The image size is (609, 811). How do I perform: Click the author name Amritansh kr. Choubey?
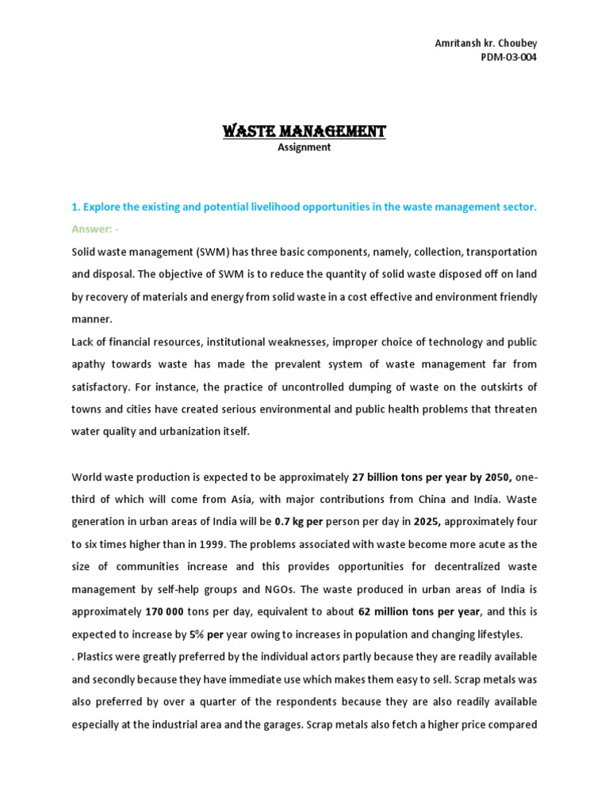pyautogui.click(x=485, y=42)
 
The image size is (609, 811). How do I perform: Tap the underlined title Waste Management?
pyautogui.click(x=304, y=131)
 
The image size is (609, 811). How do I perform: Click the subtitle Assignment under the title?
pyautogui.click(x=304, y=147)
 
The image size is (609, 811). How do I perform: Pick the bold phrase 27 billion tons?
pyautogui.click(x=388, y=477)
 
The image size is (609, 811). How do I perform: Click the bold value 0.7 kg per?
pyautogui.click(x=301, y=522)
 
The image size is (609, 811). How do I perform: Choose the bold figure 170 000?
pyautogui.click(x=165, y=612)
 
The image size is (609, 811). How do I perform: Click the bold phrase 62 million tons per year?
pyautogui.click(x=419, y=612)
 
